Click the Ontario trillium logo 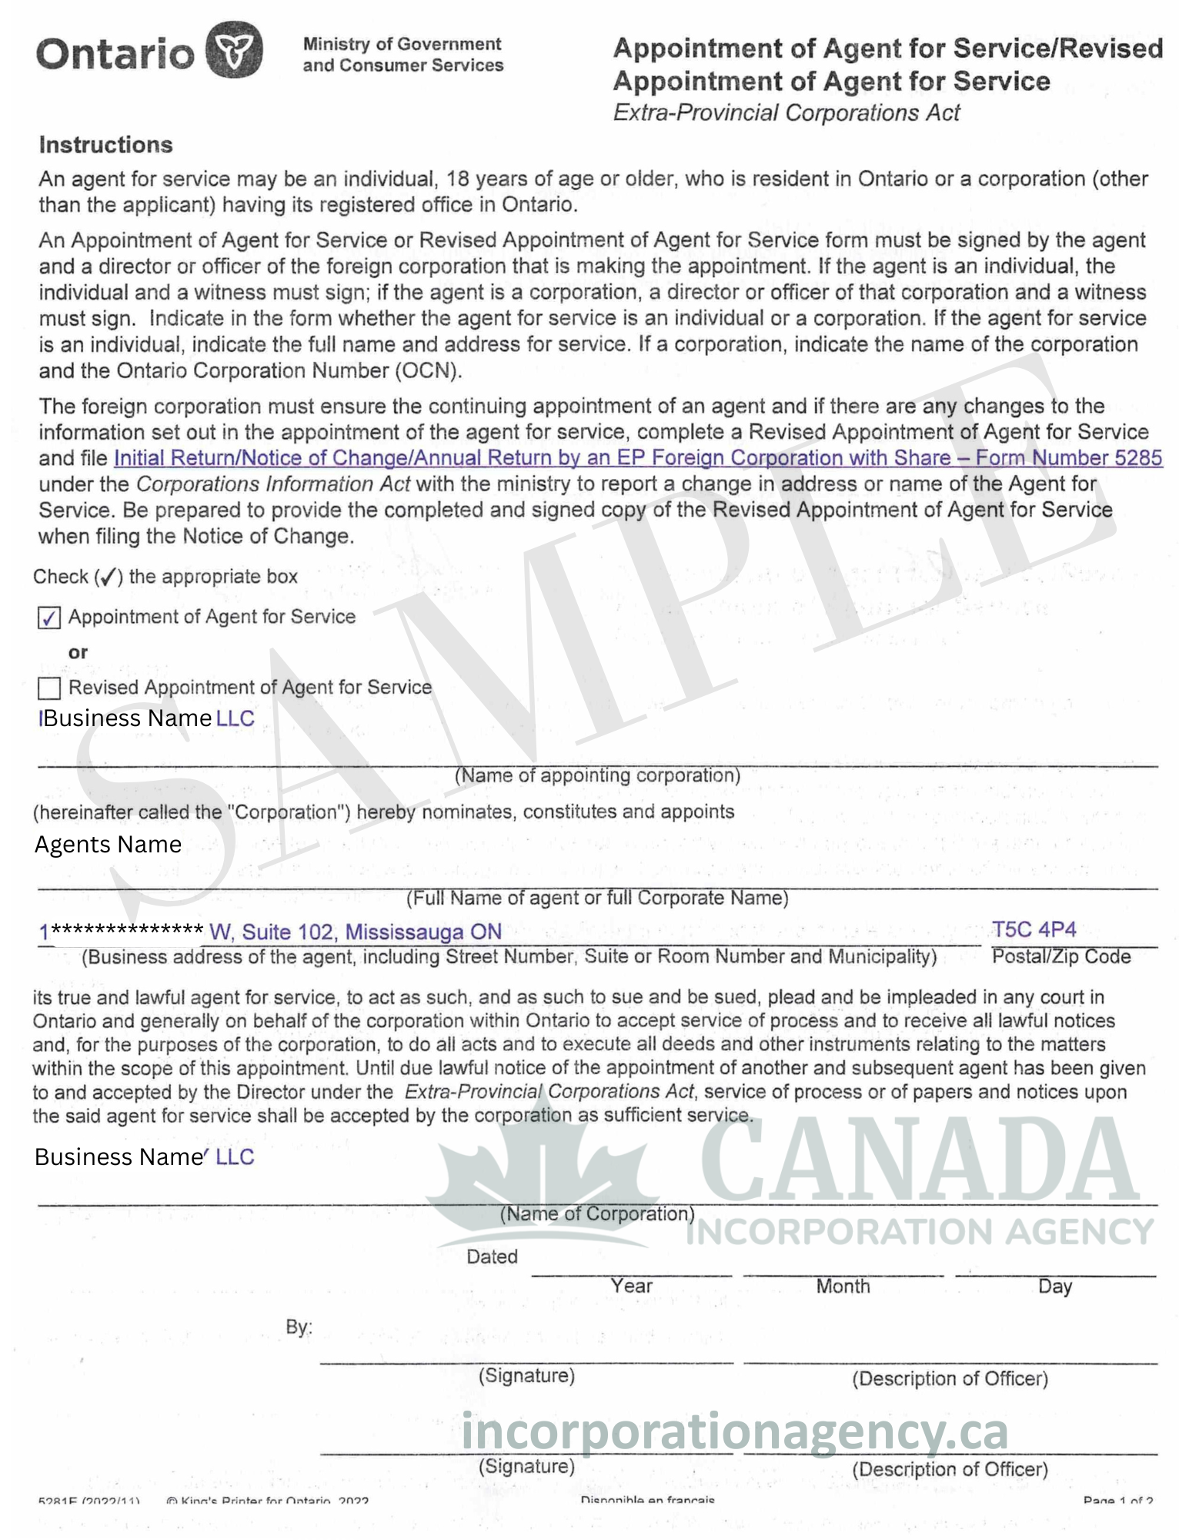point(234,51)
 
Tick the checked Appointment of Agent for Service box point(49,618)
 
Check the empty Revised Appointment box point(49,688)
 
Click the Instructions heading point(106,145)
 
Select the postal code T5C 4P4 point(1034,930)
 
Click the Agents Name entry point(108,845)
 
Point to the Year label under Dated point(631,1286)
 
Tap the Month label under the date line point(843,1287)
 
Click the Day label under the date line point(1054,1287)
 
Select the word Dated point(492,1257)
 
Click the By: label point(299,1327)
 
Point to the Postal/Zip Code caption point(1060,957)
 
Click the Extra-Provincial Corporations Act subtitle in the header point(786,113)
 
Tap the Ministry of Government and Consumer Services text point(402,55)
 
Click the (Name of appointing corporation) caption point(597,775)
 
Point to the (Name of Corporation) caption point(597,1214)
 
